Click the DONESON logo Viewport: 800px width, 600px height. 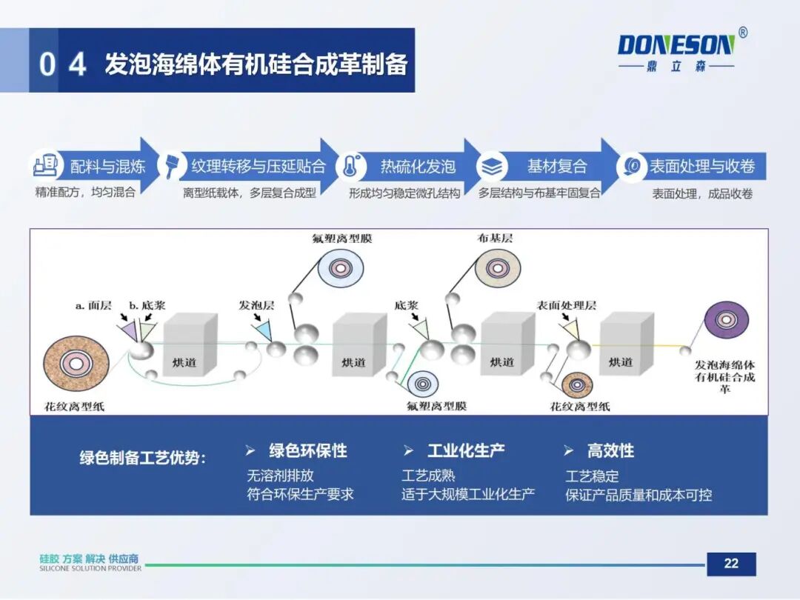click(676, 47)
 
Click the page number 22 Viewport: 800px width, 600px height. click(730, 564)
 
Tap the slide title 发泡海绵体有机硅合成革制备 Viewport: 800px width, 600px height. click(256, 64)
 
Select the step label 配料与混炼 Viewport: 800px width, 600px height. click(108, 167)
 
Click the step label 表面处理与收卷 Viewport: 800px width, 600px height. click(701, 167)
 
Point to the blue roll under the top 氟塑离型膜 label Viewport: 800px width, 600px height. click(340, 268)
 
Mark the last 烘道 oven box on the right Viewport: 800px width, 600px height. click(624, 345)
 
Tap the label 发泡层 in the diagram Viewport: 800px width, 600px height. click(256, 305)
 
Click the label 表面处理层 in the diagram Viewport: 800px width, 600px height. click(566, 305)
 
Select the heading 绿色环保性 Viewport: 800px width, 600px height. click(307, 450)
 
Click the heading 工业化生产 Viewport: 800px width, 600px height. click(466, 450)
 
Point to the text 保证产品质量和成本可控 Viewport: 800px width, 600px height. click(638, 495)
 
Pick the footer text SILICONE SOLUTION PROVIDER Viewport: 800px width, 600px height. click(90, 570)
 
